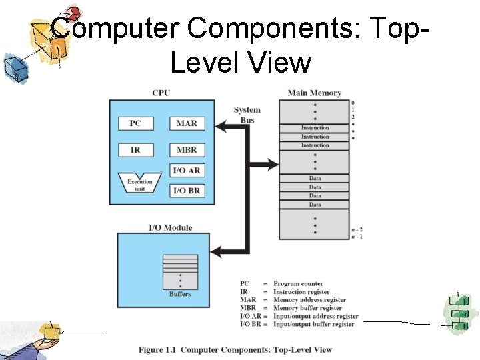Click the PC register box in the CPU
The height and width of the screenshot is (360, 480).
[x=135, y=123]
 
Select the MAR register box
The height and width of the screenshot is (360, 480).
[x=187, y=123]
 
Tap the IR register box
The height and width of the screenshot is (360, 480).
[x=135, y=150]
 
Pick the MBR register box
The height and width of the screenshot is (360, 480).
[x=187, y=150]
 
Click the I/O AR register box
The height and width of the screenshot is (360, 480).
[x=187, y=170]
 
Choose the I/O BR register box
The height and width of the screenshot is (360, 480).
[x=187, y=191]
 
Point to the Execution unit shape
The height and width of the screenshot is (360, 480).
[x=140, y=183]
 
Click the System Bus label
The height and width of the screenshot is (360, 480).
[x=247, y=114]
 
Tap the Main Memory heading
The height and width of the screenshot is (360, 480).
[x=314, y=93]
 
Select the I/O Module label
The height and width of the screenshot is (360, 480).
[x=170, y=227]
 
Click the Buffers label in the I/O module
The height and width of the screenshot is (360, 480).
[x=180, y=294]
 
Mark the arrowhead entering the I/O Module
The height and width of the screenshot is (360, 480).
[x=216, y=251]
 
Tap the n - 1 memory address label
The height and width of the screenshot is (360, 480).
[x=357, y=237]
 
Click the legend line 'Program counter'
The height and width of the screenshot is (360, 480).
[x=298, y=284]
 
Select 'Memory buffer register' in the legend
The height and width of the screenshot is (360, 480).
[x=307, y=308]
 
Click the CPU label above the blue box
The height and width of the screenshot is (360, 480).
[x=161, y=93]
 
